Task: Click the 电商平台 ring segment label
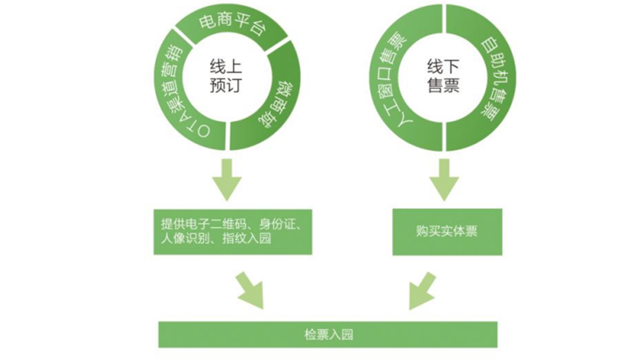[x=233, y=25]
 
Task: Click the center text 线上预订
[x=226, y=76]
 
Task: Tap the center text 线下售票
[x=443, y=76]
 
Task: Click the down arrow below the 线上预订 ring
[x=227, y=180]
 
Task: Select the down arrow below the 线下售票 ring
[x=444, y=180]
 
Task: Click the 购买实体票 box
[x=447, y=231]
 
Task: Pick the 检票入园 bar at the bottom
[x=328, y=334]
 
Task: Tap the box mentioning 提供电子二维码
[x=233, y=231]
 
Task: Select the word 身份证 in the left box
[x=277, y=224]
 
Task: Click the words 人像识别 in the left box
[x=186, y=238]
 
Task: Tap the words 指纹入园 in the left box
[x=247, y=238]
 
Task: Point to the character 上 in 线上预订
[x=234, y=67]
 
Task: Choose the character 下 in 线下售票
[x=451, y=67]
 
